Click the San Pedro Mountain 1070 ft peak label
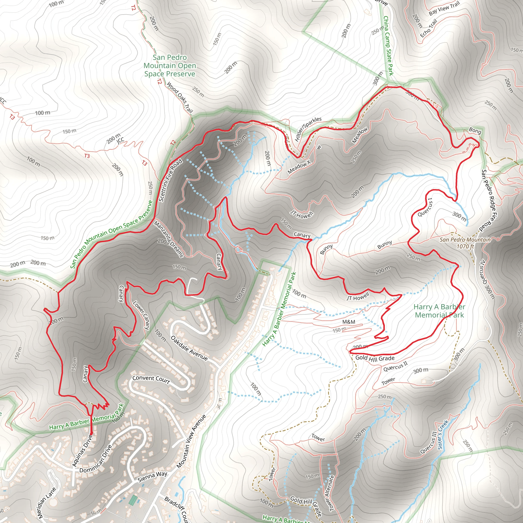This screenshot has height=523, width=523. [465, 243]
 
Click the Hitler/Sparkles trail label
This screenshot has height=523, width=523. [308, 129]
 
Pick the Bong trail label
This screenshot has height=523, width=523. [475, 130]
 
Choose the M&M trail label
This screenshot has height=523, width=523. [349, 322]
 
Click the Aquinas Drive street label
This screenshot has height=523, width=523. [82, 450]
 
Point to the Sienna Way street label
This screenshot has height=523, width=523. [152, 477]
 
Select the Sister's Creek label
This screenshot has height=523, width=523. [443, 434]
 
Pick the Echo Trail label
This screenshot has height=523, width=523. [429, 28]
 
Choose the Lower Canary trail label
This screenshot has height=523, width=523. [141, 315]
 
